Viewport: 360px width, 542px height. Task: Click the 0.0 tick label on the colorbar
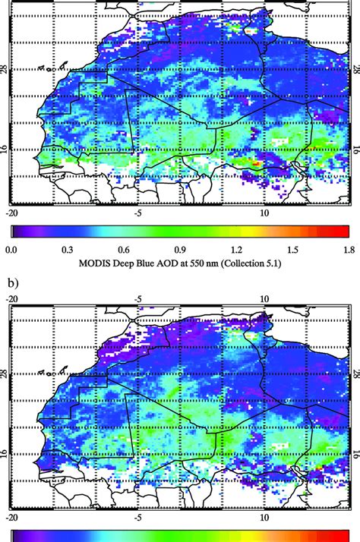11,247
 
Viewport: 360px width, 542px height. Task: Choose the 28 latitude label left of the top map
5,70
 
